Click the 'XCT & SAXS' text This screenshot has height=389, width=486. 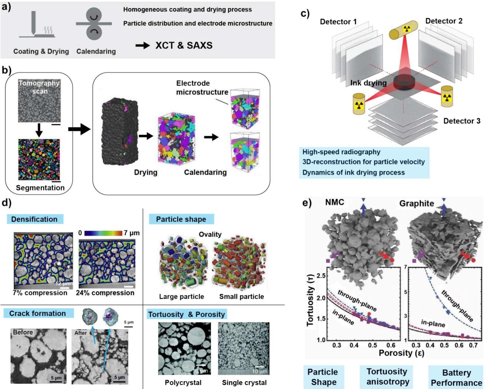[x=184, y=45]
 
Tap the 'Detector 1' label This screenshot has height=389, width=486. [x=338, y=22]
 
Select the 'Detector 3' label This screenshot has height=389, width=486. [x=462, y=121]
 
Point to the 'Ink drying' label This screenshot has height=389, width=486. [x=368, y=83]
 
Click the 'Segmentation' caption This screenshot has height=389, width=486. [x=40, y=187]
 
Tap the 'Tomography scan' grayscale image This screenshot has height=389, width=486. [x=39, y=101]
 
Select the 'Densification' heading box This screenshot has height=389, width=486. [x=35, y=219]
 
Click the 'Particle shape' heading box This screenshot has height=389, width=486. [x=181, y=219]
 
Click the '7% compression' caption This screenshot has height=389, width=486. [x=40, y=293]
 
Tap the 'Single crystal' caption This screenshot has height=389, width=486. [x=244, y=382]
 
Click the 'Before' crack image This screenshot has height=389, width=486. [x=39, y=356]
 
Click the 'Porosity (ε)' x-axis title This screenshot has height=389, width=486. [x=401, y=353]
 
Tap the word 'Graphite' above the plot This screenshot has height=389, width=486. [x=417, y=203]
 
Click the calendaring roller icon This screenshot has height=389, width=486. [x=94, y=24]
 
